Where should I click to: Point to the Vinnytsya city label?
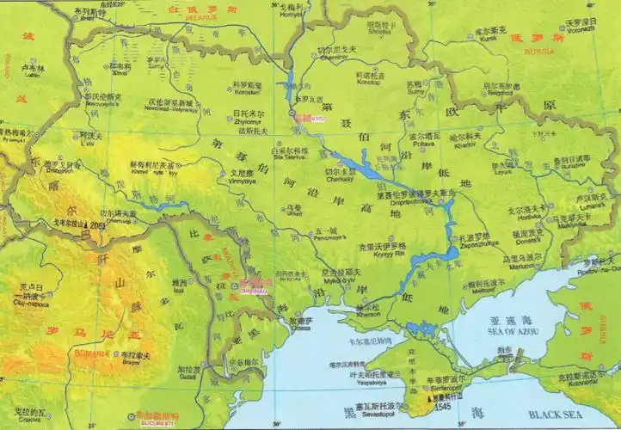coord(243,181)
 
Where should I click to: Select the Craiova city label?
coord(30,419)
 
